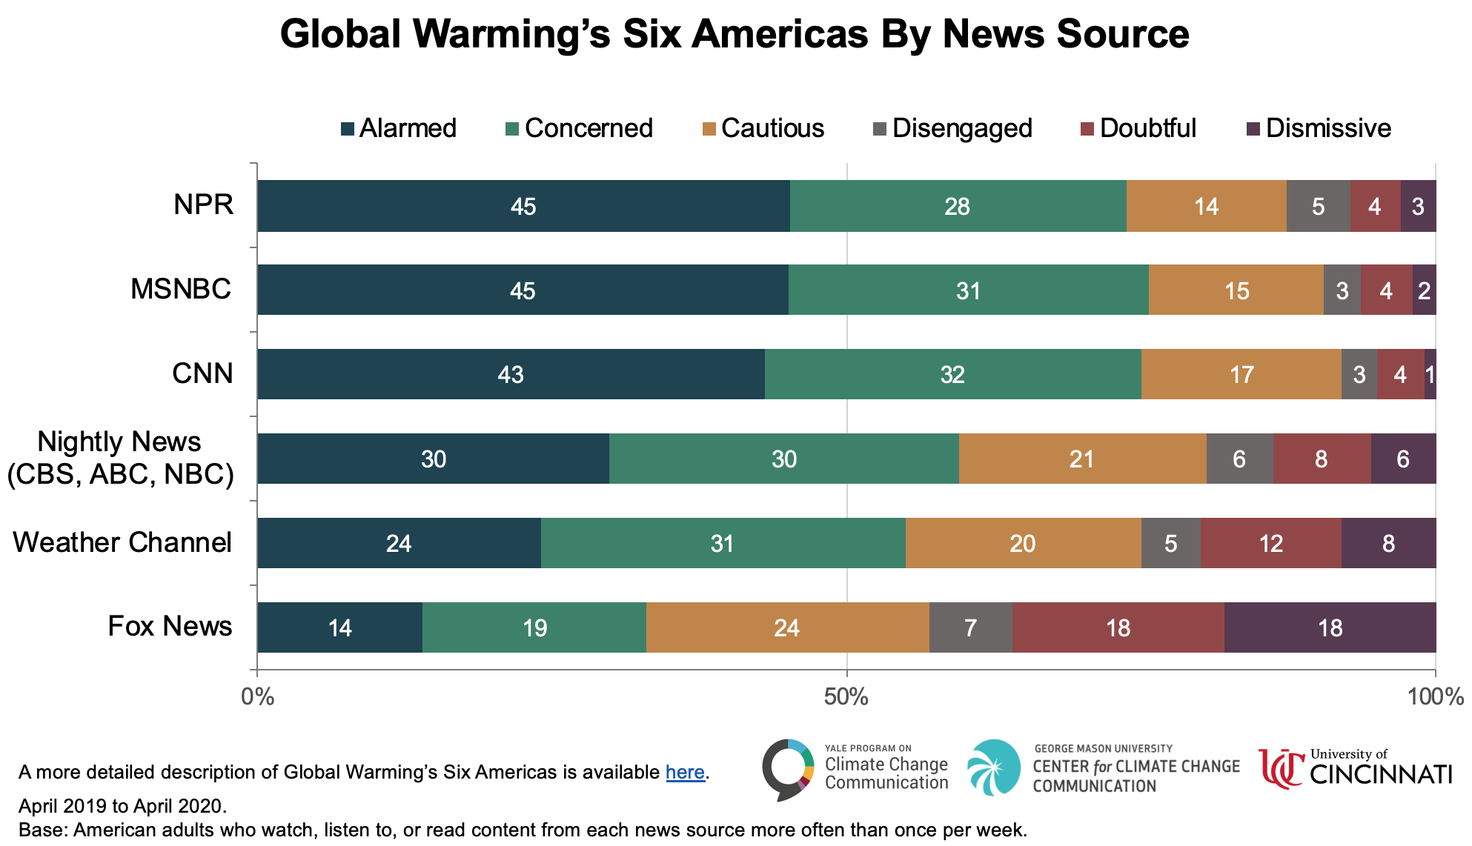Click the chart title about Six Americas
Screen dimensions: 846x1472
coord(734,34)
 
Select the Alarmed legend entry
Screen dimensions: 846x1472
coord(399,128)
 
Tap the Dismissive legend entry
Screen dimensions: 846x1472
coord(1319,128)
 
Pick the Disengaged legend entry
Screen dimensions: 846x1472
coord(953,128)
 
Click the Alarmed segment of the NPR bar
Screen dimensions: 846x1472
coord(523,206)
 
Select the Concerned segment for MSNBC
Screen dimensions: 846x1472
coord(968,290)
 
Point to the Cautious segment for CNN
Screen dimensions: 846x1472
coord(1241,374)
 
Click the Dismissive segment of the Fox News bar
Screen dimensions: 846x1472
coord(1330,627)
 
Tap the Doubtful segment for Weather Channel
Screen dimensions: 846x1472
coord(1270,543)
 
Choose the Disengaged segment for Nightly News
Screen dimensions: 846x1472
coord(1239,459)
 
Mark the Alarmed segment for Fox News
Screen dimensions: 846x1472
coord(339,627)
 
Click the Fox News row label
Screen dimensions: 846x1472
coord(170,626)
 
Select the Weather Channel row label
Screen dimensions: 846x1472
coord(122,542)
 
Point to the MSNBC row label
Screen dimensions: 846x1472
coord(181,289)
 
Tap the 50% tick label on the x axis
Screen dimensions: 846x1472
coord(846,696)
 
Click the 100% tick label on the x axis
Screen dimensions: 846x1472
coord(1435,696)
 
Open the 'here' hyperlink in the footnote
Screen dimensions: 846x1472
coord(685,772)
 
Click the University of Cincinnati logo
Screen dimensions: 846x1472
coord(1355,768)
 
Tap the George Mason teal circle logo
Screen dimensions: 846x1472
coord(994,767)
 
